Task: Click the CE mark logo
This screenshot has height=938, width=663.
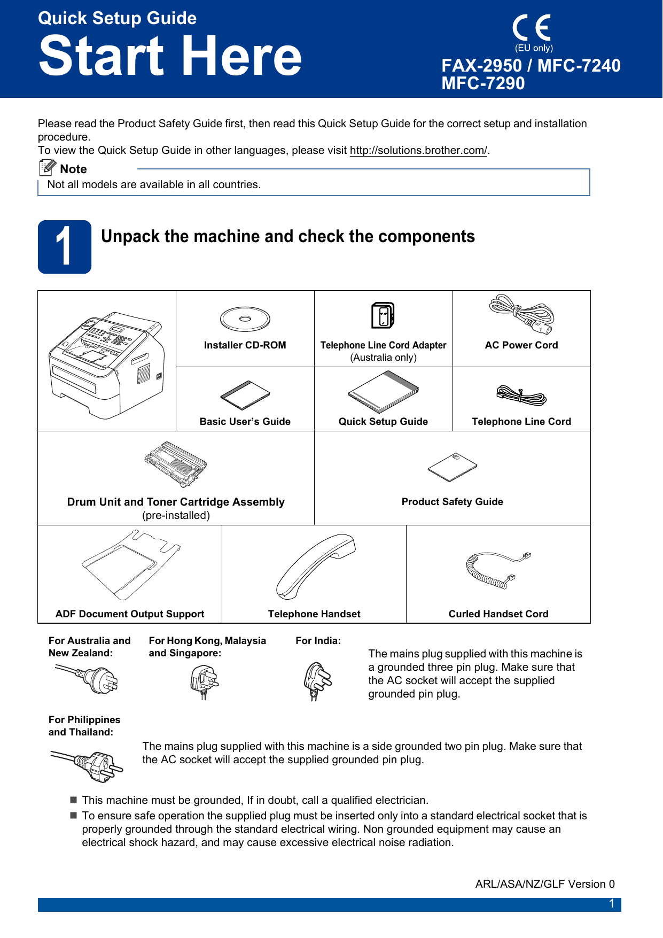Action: pyautogui.click(x=532, y=28)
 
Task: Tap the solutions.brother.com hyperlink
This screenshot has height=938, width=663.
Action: pyautogui.click(x=418, y=151)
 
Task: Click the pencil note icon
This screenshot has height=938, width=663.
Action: pyautogui.click(x=48, y=168)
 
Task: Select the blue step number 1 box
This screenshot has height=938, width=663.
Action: pyautogui.click(x=65, y=247)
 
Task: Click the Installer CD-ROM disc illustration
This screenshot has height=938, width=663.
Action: pyautogui.click(x=245, y=320)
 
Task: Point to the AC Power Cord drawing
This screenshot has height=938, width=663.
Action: pyautogui.click(x=521, y=314)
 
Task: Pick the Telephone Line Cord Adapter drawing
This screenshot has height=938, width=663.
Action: pyautogui.click(x=383, y=315)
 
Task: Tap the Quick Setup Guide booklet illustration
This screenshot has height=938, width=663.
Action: pyautogui.click(x=383, y=392)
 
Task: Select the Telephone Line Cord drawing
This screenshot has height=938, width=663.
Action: pyautogui.click(x=521, y=396)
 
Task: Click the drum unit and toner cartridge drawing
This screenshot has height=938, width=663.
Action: pyautogui.click(x=175, y=464)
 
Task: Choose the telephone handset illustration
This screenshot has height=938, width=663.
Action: pyautogui.click(x=315, y=566)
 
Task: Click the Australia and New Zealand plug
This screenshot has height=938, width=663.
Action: pyautogui.click(x=88, y=678)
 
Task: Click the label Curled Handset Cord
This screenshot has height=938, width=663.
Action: pyautogui.click(x=498, y=614)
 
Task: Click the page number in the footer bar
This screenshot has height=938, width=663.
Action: pyautogui.click(x=612, y=904)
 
